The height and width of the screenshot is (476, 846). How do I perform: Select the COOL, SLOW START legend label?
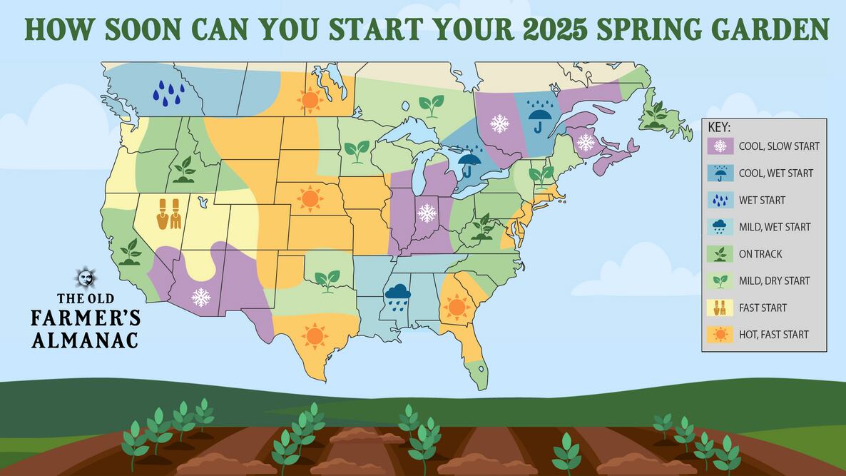pyautogui.click(x=779, y=146)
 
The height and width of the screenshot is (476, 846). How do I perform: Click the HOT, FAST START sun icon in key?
pyautogui.click(x=720, y=334)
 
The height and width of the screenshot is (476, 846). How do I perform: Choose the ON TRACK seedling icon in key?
pyautogui.click(x=720, y=253)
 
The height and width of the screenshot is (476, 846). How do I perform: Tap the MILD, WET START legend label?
pyautogui.click(x=775, y=227)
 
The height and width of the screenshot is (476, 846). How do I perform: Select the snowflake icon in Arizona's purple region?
pyautogui.click(x=201, y=297)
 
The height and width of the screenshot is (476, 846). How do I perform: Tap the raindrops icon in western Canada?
pyautogui.click(x=169, y=93)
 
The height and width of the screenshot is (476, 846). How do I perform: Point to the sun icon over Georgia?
pyautogui.click(x=455, y=306)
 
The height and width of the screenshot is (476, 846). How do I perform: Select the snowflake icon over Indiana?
pyautogui.click(x=427, y=213)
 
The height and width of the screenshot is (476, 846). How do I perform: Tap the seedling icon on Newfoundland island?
pyautogui.click(x=655, y=114)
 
